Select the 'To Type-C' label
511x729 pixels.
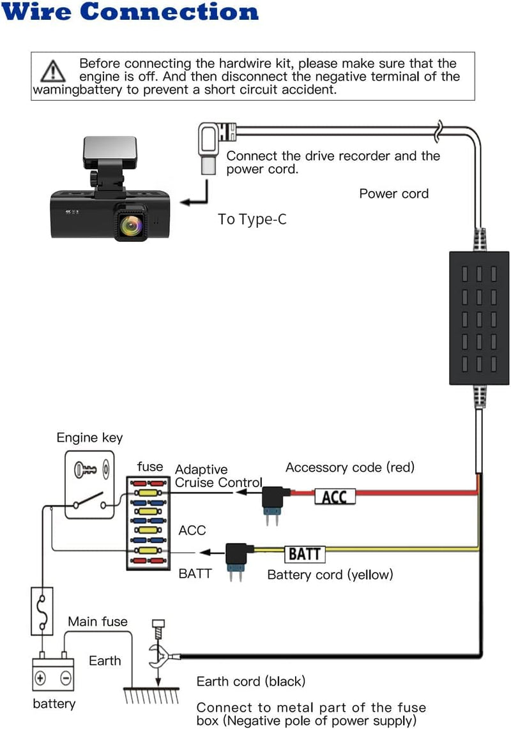(252, 220)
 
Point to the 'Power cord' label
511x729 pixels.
(393, 193)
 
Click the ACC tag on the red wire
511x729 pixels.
(334, 497)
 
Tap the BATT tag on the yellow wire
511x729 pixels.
(304, 553)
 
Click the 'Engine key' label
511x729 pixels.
(89, 438)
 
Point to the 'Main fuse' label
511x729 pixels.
(98, 621)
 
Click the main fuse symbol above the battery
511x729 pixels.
(42, 612)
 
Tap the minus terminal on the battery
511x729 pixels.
(65, 676)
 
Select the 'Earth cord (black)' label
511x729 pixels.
(251, 681)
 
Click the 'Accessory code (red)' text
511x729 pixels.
(350, 467)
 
